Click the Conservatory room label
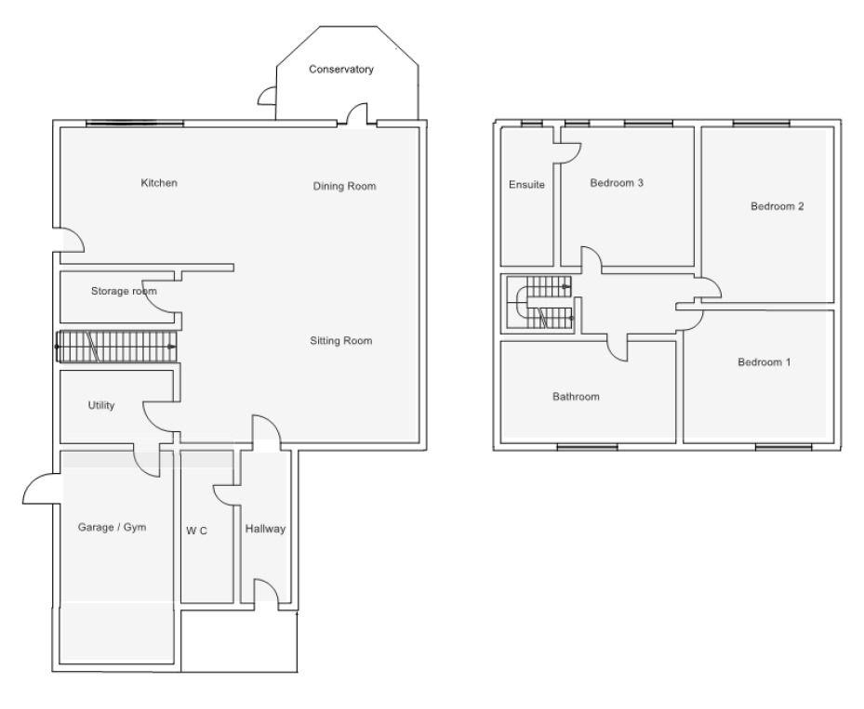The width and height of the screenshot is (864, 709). point(341,70)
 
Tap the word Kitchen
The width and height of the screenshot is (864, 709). point(158,183)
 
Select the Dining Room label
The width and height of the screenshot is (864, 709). point(344,186)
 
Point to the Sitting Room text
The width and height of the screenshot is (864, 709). point(340,341)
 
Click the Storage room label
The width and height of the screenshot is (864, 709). point(123,291)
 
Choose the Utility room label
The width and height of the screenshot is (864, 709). point(100,405)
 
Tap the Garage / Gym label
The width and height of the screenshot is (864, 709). point(112,527)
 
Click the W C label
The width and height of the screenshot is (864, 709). point(196,531)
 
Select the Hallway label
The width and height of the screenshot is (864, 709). point(265,529)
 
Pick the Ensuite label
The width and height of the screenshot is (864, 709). point(526,185)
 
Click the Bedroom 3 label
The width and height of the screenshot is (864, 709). point(617,183)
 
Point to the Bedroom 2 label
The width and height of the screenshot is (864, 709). point(777,206)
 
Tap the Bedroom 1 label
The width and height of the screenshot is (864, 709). point(764,362)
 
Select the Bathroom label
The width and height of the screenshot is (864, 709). point(577,397)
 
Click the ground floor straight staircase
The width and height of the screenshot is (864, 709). point(116,347)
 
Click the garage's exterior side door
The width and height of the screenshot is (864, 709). point(39,489)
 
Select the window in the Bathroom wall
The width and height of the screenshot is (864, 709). point(587,447)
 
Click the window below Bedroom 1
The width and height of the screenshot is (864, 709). point(777,447)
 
